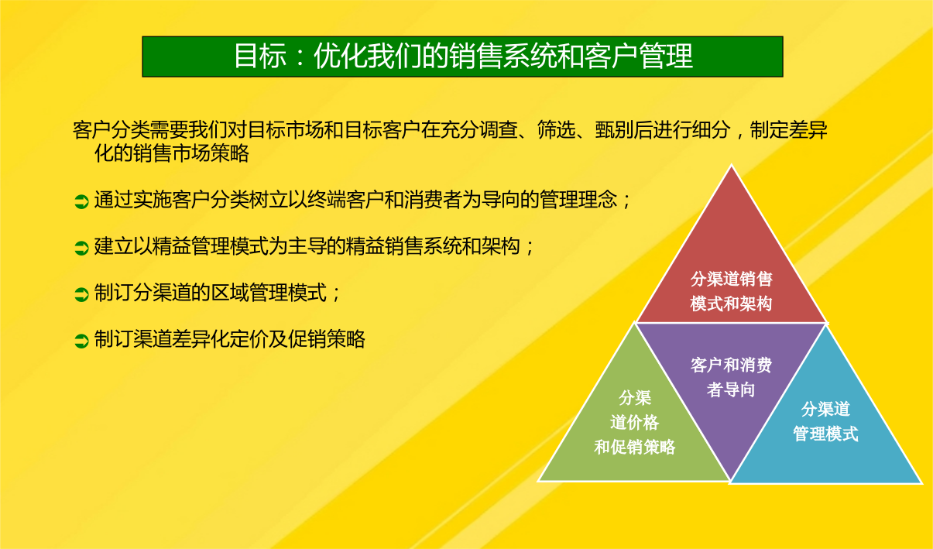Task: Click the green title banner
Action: [x=462, y=57]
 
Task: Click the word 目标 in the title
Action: [x=260, y=57]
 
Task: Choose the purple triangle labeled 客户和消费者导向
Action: [x=731, y=375]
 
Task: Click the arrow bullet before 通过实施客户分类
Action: [x=81, y=201]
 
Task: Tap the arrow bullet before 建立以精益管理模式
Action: [x=81, y=249]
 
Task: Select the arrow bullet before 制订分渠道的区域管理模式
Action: [x=81, y=294]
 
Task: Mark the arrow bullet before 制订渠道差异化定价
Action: [x=81, y=341]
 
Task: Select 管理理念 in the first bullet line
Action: [x=578, y=199]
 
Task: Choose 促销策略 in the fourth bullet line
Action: [x=327, y=339]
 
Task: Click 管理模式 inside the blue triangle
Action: [x=825, y=434]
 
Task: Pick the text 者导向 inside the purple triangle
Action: [x=731, y=390]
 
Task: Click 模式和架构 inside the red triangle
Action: [x=732, y=304]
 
